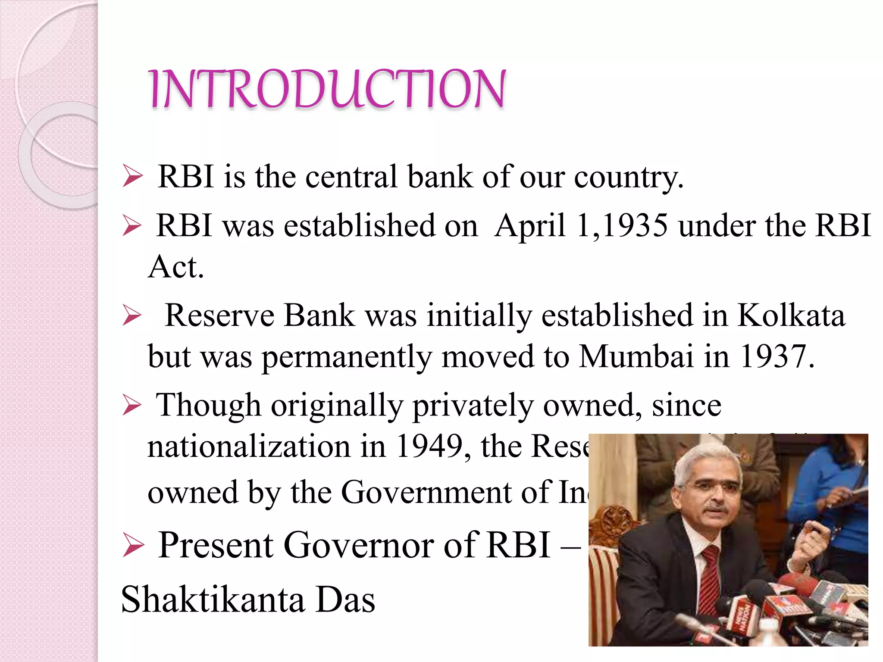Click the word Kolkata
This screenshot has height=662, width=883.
[791, 315]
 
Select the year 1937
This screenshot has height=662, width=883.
[776, 357]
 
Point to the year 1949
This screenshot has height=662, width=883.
[429, 446]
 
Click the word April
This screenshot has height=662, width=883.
[530, 225]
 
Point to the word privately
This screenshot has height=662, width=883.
[473, 406]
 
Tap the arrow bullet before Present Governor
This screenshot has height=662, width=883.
[132, 545]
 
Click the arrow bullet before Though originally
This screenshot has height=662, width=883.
[132, 406]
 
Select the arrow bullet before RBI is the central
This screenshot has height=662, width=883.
[132, 177]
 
